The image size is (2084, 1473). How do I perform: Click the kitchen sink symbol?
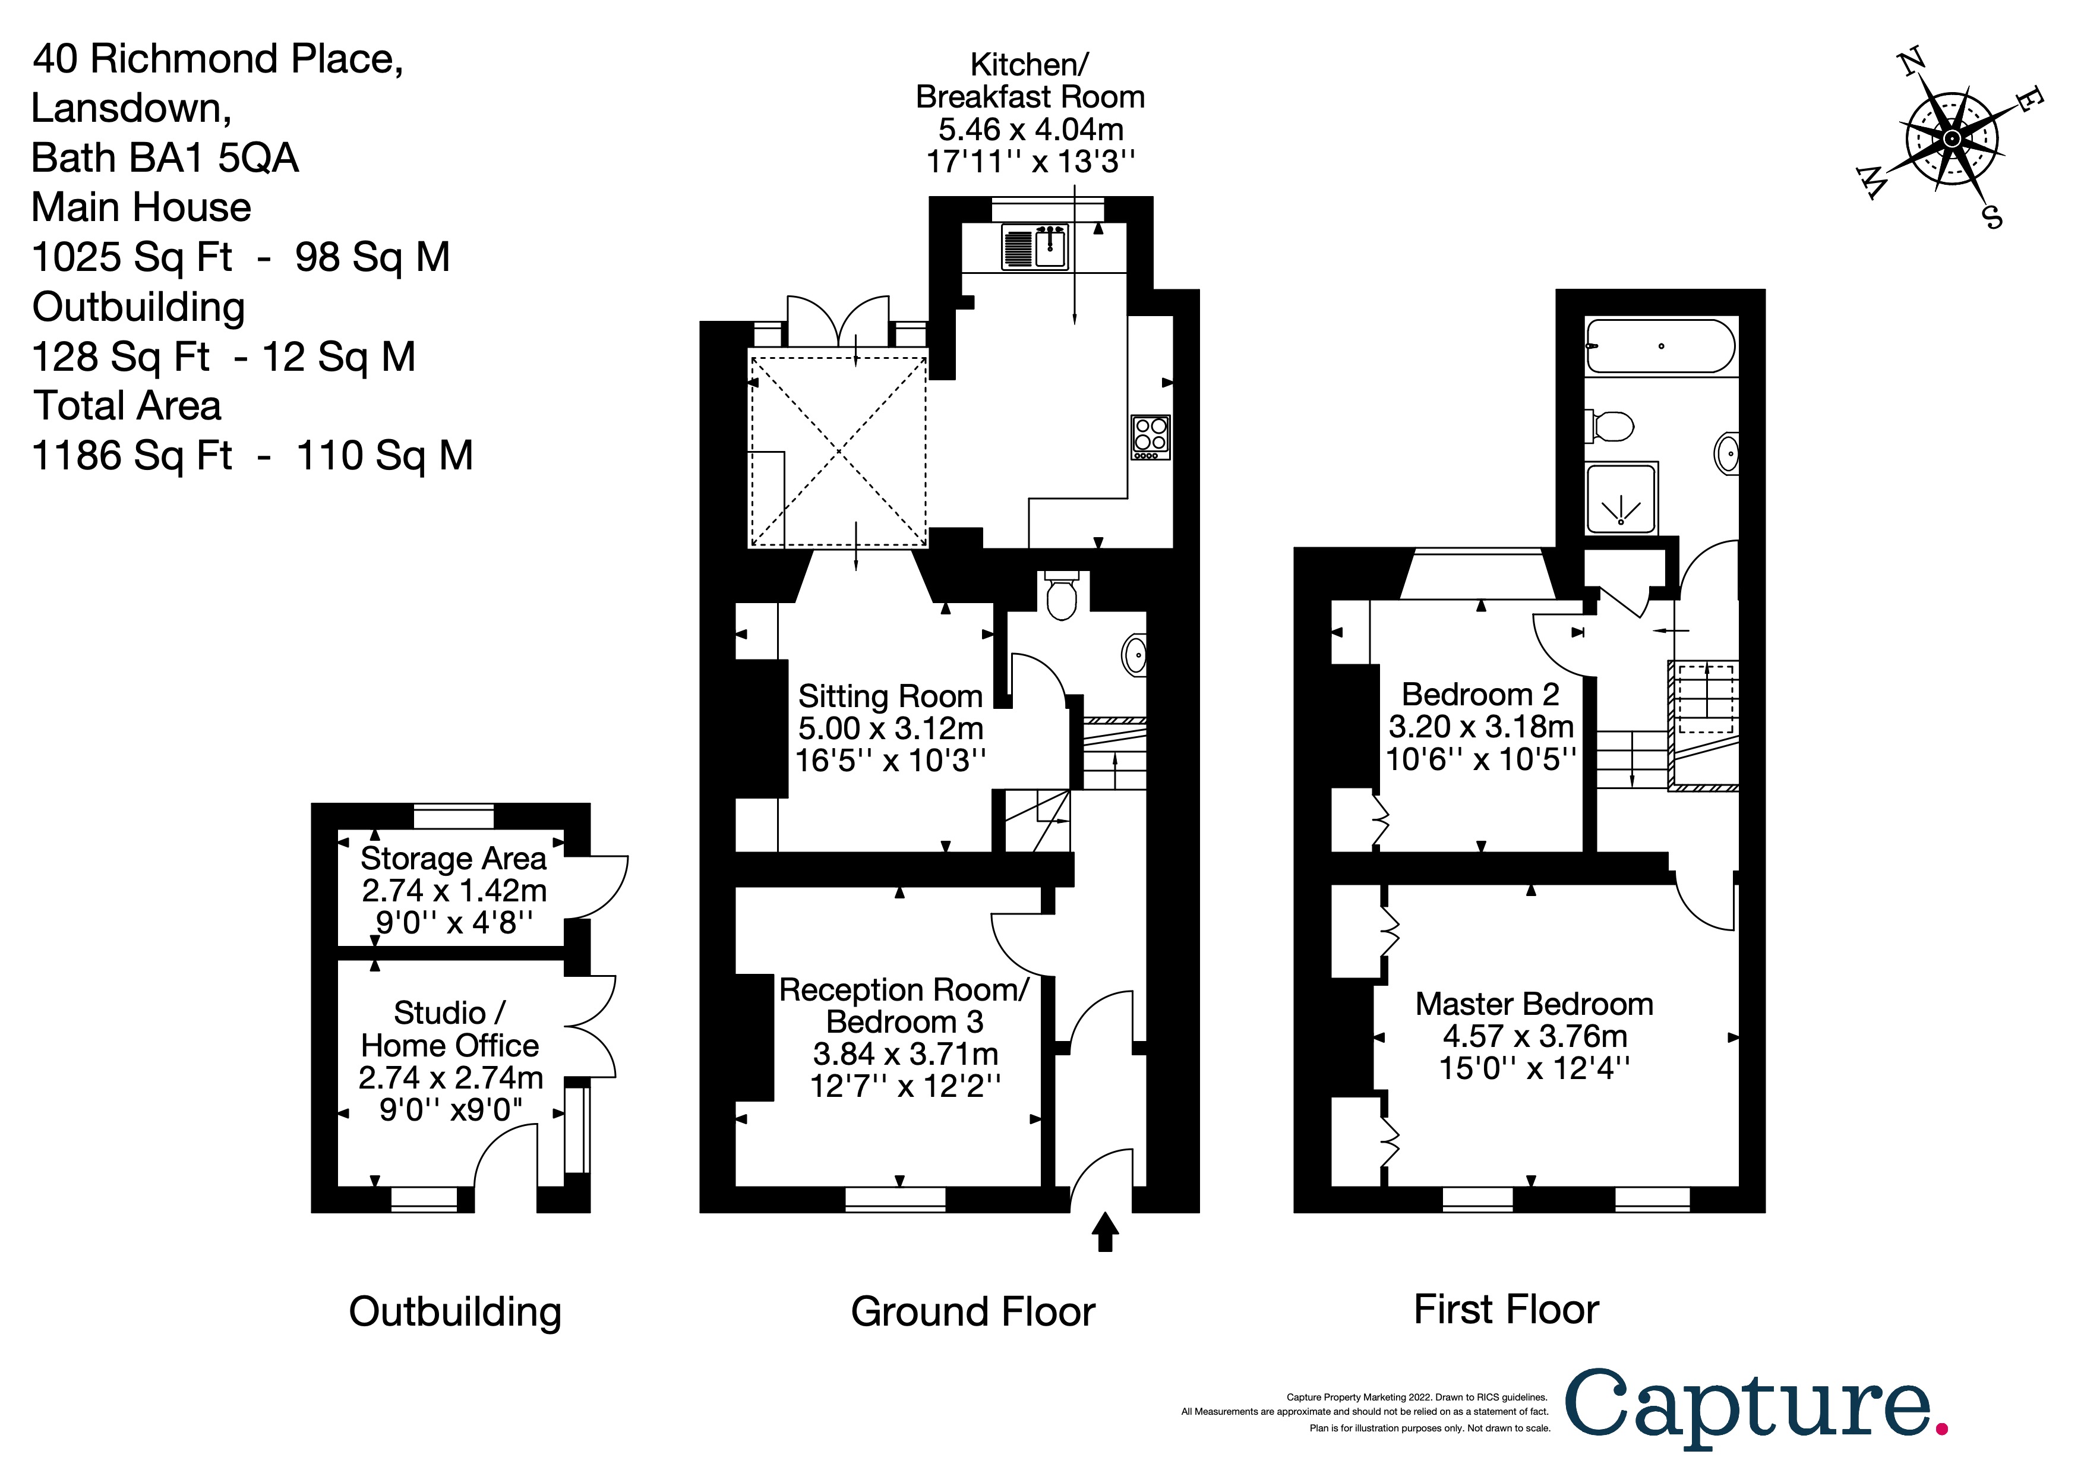click(1035, 247)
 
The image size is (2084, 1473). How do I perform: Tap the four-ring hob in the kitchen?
click(1150, 437)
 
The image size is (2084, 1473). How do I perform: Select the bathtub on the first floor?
click(1660, 346)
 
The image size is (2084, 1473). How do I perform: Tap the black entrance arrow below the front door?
click(1104, 1232)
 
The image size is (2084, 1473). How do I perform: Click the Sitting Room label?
click(889, 696)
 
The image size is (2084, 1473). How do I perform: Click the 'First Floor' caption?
click(1506, 1309)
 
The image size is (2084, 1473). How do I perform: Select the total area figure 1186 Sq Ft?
click(132, 456)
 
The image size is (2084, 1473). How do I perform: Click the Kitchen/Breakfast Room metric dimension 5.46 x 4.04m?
click(1030, 129)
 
